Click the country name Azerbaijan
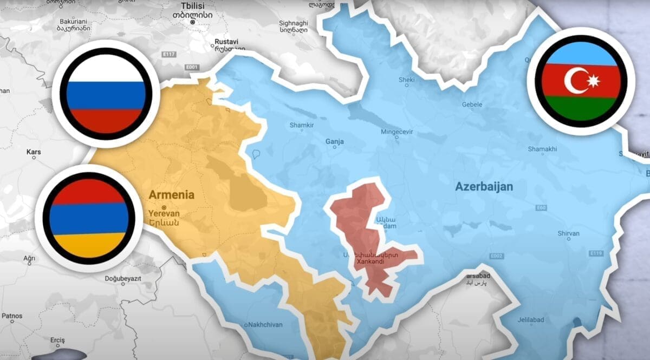484,187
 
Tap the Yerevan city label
164,213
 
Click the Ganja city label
334,142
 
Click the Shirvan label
569,233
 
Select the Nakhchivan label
265,325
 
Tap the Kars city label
34,152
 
